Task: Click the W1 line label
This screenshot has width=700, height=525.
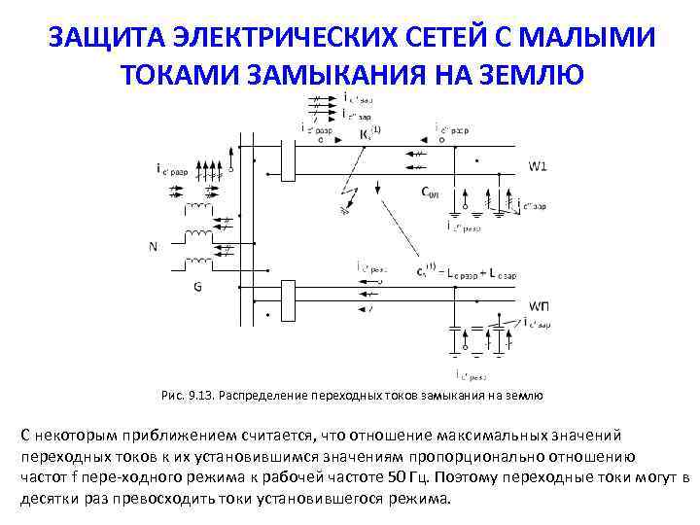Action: [538, 166]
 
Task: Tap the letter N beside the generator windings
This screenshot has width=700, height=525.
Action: [153, 246]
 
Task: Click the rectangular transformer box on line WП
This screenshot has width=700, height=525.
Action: [287, 297]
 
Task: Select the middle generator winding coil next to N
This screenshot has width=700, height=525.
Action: [198, 236]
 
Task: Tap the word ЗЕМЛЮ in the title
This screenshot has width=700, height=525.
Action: [530, 73]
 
